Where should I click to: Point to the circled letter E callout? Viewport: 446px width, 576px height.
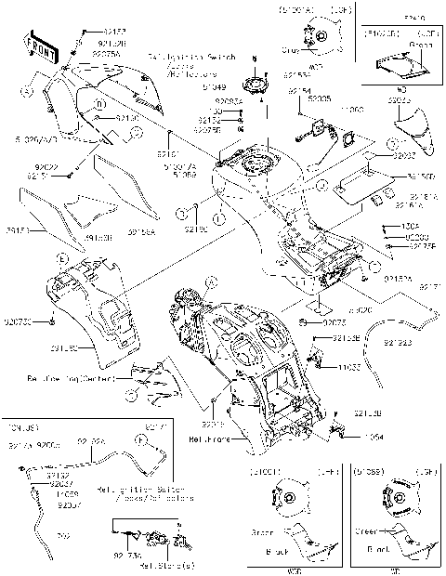pyautogui.click(x=61, y=255)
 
